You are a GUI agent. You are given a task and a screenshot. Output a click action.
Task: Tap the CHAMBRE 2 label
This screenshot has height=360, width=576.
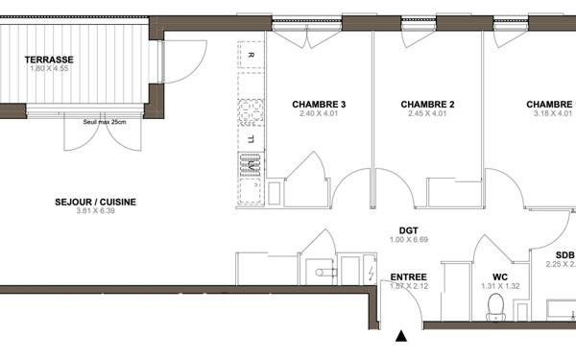tap(427, 105)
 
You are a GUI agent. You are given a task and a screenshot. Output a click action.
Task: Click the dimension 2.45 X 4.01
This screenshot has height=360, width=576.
tap(427, 114)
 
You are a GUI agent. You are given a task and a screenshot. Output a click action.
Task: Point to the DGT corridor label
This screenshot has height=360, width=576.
tap(409, 230)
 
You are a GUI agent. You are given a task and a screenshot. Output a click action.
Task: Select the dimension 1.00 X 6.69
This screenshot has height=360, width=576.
tap(409, 240)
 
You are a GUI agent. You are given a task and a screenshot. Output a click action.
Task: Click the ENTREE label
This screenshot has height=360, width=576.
tap(408, 276)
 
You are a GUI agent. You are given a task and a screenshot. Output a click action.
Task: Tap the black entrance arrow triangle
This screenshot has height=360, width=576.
tap(401, 337)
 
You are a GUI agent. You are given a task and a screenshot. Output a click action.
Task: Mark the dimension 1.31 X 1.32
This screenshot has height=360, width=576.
tap(499, 286)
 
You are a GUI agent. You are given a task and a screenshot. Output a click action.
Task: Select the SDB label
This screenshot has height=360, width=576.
tap(564, 254)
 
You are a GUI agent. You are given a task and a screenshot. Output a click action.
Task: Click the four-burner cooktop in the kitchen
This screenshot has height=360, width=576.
tap(252, 113)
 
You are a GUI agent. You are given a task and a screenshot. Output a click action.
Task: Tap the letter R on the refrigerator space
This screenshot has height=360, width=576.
tap(251, 56)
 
